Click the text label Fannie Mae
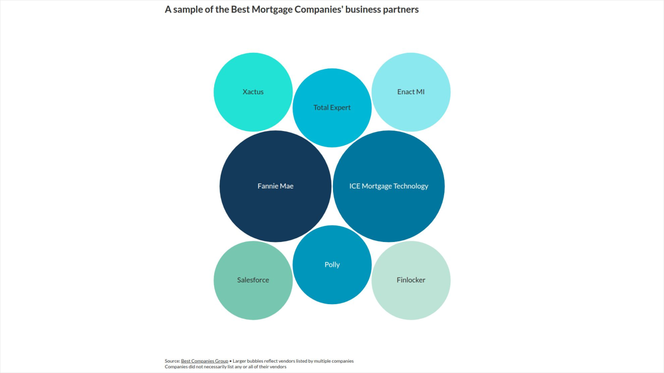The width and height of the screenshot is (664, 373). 275,186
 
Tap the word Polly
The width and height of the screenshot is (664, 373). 332,265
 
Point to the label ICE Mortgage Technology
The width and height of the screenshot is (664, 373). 389,186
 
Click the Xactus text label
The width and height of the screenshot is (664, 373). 253,92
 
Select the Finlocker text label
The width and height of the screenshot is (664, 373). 411,280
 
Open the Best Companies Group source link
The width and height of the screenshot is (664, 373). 204,361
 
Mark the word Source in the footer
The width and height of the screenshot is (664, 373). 172,361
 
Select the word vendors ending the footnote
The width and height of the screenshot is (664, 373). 278,367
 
